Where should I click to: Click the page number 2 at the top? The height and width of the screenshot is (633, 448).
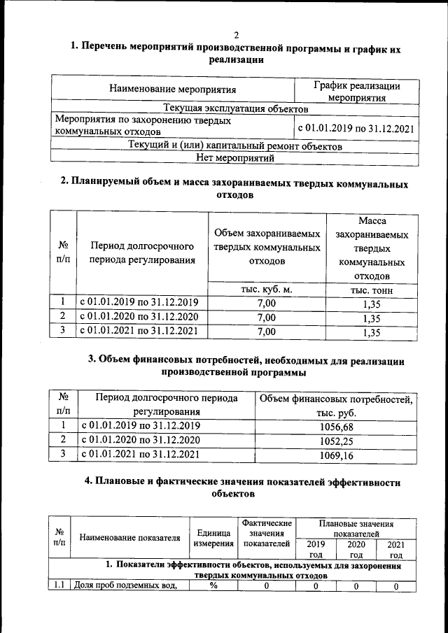[236, 35]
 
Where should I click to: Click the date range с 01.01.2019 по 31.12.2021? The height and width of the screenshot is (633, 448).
[356, 128]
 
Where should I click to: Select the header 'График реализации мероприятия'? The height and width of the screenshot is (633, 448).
[356, 92]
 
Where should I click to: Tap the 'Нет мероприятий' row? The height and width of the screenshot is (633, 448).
[235, 159]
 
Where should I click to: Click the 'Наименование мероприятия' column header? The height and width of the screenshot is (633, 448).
[173, 90]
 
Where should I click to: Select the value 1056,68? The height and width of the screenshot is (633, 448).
[336, 425]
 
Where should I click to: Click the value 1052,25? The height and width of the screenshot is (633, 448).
[336, 440]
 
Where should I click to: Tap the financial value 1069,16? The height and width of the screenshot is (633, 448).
[336, 455]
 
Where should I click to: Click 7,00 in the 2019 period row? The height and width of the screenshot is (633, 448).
[267, 303]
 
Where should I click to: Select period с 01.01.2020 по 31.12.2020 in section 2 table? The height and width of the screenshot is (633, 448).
[139, 318]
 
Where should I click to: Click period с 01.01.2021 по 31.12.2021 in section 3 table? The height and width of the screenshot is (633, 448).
[141, 455]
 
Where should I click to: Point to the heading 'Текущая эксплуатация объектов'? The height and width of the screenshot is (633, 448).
[235, 109]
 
